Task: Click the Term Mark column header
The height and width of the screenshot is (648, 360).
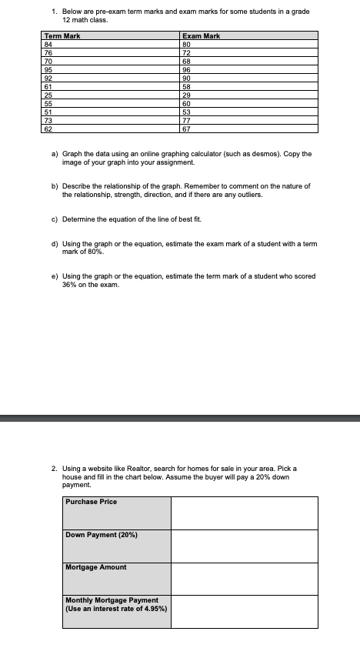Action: [x=62, y=36]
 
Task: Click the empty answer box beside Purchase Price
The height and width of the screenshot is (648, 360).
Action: [x=244, y=513]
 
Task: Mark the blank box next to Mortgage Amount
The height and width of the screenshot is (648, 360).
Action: [x=244, y=578]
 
